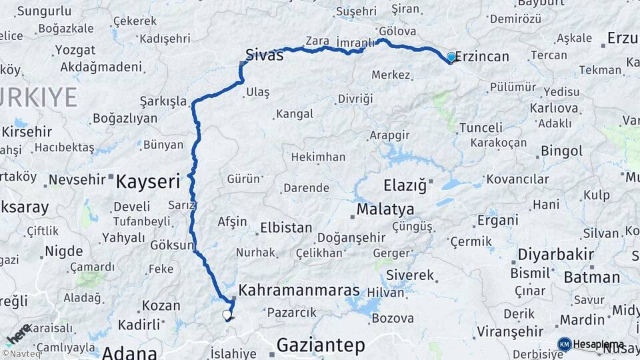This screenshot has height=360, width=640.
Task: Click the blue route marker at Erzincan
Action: [x=451, y=57]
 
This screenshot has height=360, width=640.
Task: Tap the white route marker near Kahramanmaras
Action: [x=227, y=314]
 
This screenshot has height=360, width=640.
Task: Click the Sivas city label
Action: [x=264, y=55]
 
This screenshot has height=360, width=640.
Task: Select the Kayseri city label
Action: [x=149, y=181]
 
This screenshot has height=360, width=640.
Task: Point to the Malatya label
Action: [x=385, y=210]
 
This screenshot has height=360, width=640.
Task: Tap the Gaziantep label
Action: [x=321, y=345]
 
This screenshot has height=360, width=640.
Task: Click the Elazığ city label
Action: [x=405, y=185]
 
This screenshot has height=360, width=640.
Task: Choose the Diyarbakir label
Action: [x=551, y=254]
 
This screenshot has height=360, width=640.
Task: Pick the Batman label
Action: [x=591, y=277]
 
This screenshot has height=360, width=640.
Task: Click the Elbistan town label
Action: [x=286, y=227]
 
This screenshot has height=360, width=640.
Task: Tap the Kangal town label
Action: [x=295, y=114]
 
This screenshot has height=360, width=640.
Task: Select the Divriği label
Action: [x=355, y=99]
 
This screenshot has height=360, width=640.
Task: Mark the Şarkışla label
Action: [x=163, y=101]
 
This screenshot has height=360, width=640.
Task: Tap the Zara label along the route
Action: [x=317, y=41]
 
